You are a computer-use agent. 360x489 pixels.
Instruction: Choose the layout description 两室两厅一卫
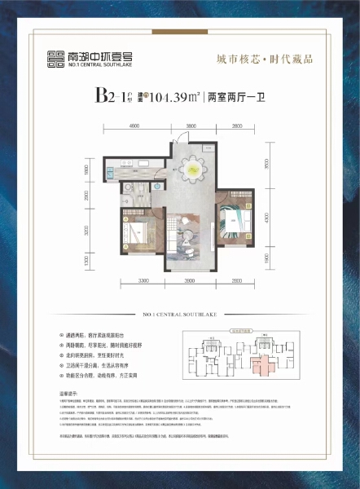point(235,96)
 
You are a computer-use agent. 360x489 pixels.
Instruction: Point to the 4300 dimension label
point(266,219)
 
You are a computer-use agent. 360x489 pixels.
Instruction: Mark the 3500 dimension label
point(266,163)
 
